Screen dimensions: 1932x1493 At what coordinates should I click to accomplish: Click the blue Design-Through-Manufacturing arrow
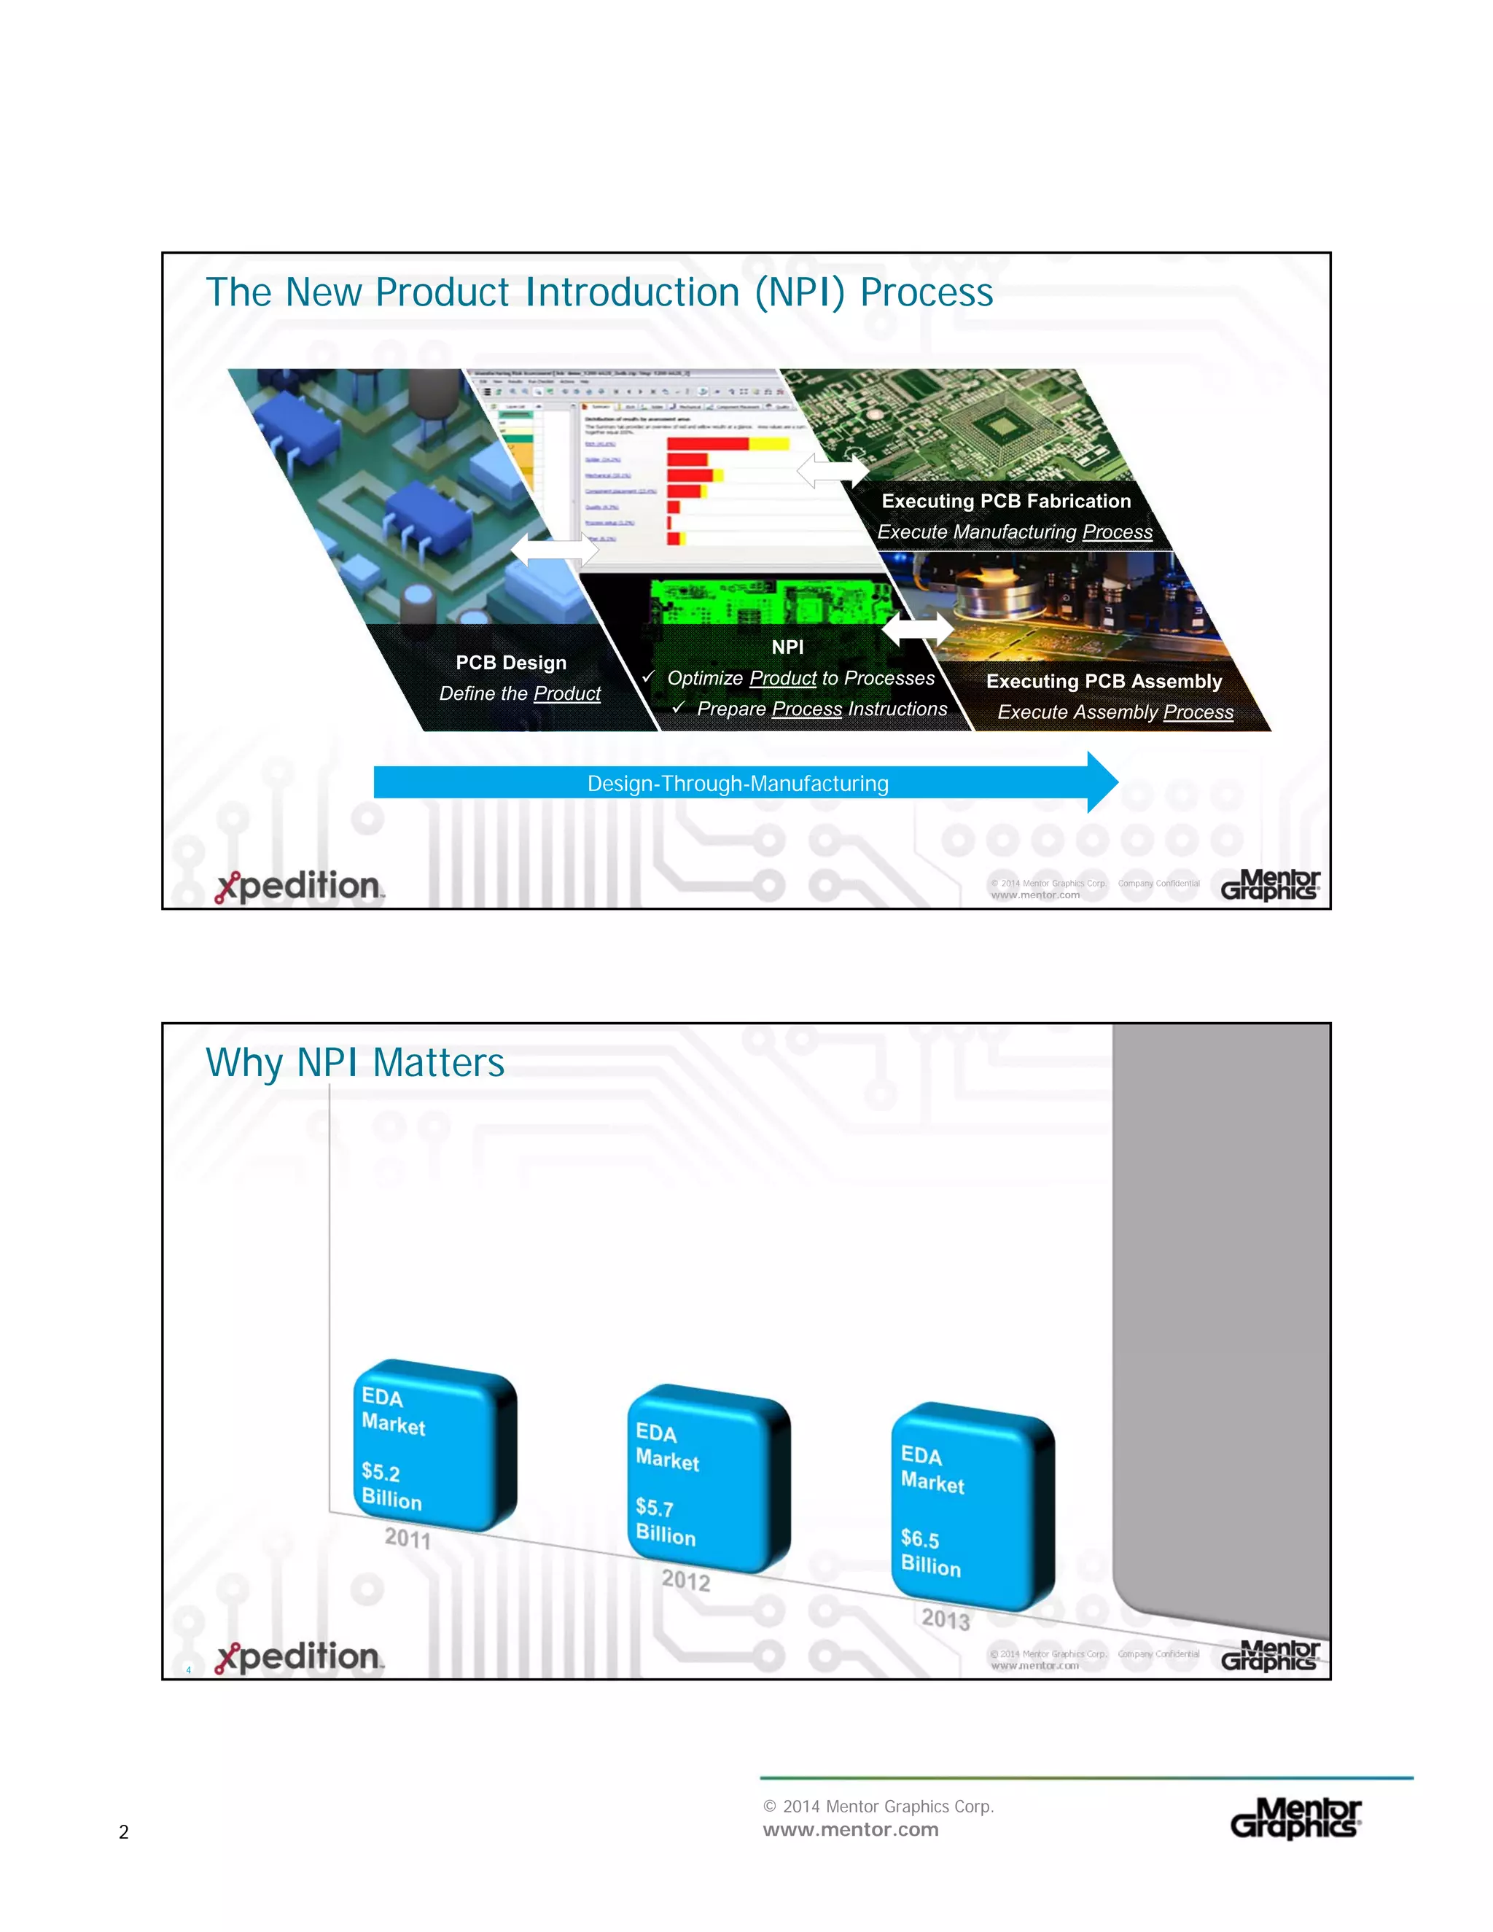(x=737, y=783)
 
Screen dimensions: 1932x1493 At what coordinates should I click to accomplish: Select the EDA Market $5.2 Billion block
(x=434, y=1446)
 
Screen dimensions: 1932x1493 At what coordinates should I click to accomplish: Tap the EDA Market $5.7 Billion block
(x=708, y=1480)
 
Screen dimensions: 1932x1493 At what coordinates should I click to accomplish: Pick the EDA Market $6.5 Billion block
(x=972, y=1506)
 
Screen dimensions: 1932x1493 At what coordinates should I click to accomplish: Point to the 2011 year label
(x=408, y=1538)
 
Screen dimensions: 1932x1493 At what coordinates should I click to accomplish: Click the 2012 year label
(x=685, y=1580)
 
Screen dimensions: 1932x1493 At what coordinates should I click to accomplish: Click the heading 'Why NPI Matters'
(x=355, y=1062)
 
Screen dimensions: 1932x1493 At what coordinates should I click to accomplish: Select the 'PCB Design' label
(x=511, y=663)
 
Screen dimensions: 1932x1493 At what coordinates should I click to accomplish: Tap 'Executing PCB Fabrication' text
(x=1005, y=501)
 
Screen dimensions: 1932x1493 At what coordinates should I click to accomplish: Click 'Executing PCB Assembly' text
(x=1104, y=681)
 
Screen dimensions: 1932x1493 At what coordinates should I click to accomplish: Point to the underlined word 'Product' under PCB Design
(x=567, y=693)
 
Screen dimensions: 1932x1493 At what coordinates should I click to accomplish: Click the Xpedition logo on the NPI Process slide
(x=299, y=887)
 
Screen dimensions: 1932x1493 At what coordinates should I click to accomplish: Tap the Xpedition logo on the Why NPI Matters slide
(x=299, y=1657)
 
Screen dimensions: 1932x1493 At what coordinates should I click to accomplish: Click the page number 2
(x=124, y=1832)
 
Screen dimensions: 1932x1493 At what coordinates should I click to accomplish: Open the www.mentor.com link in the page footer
(x=850, y=1829)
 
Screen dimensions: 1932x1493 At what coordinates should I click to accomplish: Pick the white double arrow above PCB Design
(x=555, y=550)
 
